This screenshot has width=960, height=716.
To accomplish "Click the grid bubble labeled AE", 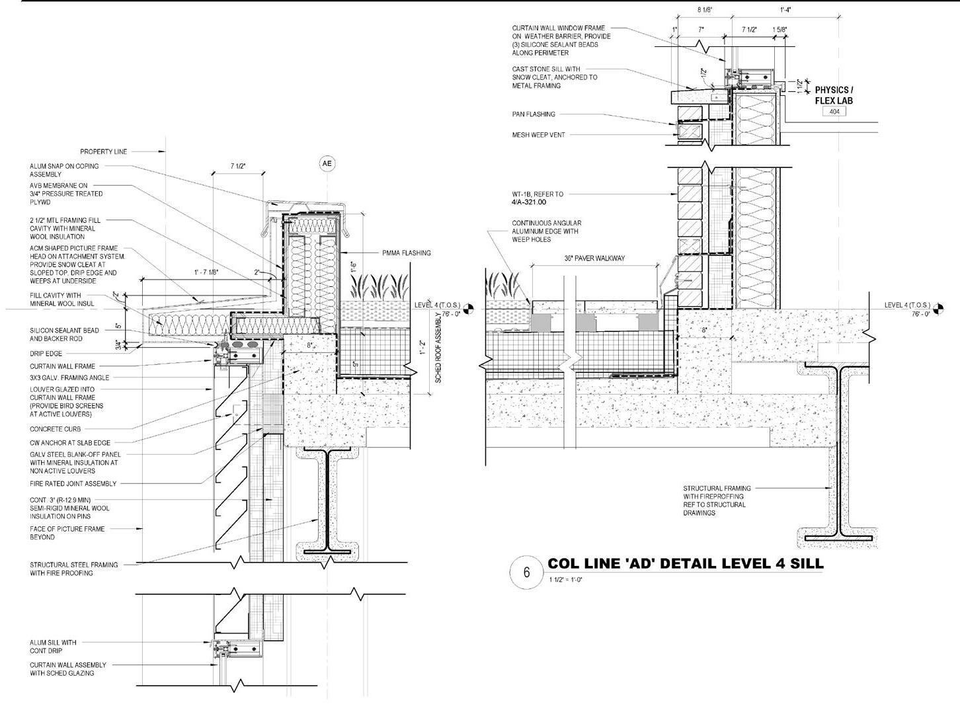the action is tap(327, 163).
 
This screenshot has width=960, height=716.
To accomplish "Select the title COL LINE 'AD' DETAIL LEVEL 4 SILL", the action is tap(686, 564).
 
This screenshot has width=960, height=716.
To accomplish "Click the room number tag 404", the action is tap(834, 112).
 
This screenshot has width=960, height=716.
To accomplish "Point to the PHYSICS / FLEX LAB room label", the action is tap(834, 95).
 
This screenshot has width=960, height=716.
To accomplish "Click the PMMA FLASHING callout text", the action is tap(406, 253).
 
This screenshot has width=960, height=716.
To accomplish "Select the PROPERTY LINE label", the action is tap(104, 152).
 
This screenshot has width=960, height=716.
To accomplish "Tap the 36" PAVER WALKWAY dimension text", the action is tap(594, 259).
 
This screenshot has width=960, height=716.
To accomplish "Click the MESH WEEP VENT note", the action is tap(538, 135).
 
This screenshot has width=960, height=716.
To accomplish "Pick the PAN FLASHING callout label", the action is tap(534, 114).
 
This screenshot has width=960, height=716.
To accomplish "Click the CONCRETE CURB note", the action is tap(55, 429).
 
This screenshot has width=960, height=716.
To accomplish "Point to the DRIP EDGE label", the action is tap(46, 354).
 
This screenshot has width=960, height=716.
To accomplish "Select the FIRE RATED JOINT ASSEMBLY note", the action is tap(73, 484).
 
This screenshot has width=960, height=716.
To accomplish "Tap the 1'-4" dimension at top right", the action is tap(788, 10).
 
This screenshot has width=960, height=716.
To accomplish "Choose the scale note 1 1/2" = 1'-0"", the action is tap(565, 580).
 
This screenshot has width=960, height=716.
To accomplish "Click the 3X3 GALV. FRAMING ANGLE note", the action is tap(69, 378).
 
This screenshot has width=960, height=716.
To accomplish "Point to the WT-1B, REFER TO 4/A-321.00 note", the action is tap(538, 198).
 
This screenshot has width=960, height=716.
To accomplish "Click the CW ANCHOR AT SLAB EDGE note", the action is tap(69, 442).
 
